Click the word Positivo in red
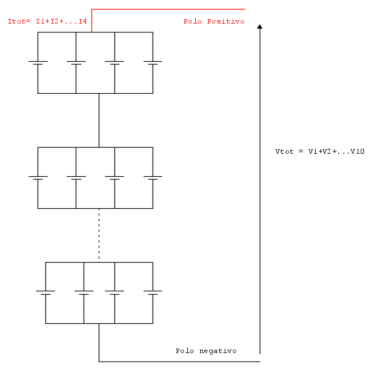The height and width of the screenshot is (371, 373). coord(225,21)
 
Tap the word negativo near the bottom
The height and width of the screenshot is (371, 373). coord(218,351)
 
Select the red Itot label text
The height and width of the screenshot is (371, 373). coord(47,21)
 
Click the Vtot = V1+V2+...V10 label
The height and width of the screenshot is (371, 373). coord(320,152)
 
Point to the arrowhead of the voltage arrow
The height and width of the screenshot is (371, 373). coord(260,26)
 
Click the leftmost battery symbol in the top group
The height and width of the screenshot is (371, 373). coord(38,63)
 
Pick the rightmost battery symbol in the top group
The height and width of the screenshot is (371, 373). coord(153,63)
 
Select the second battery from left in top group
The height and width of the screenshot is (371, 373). coord(76,63)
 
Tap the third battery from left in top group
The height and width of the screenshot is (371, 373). coord(114,63)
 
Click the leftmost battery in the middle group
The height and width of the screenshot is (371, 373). coord(38,178)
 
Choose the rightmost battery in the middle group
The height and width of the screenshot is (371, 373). coord(153,178)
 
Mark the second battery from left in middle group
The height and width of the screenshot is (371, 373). coord(76,178)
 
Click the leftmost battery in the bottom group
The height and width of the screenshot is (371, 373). coord(45,293)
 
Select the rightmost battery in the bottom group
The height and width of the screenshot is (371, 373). coord(153,293)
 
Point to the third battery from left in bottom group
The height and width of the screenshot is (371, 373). coord(114,293)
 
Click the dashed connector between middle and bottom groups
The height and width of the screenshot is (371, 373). coord(99,235)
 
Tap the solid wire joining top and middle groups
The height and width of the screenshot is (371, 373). coord(99,120)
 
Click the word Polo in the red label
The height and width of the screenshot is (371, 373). coord(192,21)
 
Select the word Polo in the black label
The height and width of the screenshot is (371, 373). coord(185,351)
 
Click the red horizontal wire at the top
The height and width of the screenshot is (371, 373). coord(168,10)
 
